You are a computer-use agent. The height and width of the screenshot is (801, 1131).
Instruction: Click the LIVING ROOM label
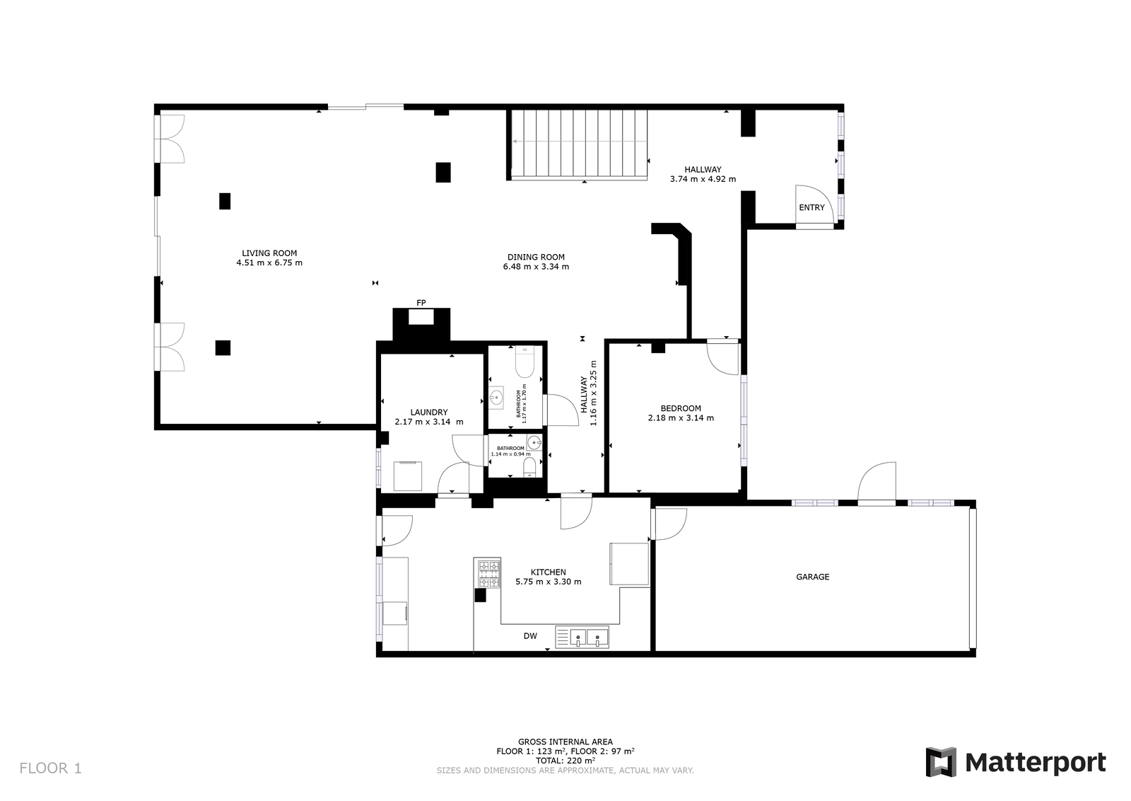coord(269,253)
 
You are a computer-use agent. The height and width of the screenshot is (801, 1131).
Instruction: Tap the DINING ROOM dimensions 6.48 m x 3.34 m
coord(536,266)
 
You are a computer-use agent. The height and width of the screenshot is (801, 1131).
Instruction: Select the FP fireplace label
coord(421,303)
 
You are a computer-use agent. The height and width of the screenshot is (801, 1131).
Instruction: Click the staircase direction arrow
coord(580,142)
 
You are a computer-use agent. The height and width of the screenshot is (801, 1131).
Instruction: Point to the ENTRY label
coord(811,207)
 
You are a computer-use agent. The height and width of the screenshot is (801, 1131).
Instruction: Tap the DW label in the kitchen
coord(530,636)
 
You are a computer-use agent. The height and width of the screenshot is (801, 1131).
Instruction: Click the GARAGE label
coord(812,577)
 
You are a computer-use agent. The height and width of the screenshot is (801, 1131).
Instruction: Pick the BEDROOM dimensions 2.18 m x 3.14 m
coord(681,417)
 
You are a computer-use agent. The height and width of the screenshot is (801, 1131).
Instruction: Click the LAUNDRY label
coord(428,412)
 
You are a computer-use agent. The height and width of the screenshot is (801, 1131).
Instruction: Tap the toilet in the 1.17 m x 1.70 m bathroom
coord(525,362)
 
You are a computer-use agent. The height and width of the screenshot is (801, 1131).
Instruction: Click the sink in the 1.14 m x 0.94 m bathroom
coord(534,443)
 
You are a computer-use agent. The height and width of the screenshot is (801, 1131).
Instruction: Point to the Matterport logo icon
coord(941,762)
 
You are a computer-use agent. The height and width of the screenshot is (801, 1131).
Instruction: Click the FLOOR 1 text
coord(50,768)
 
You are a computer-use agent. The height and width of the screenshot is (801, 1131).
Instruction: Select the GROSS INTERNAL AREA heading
coord(565,742)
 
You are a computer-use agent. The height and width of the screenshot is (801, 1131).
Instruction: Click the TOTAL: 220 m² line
coord(565,761)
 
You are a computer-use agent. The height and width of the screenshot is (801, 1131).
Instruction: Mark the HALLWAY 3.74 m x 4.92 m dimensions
coord(703,178)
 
